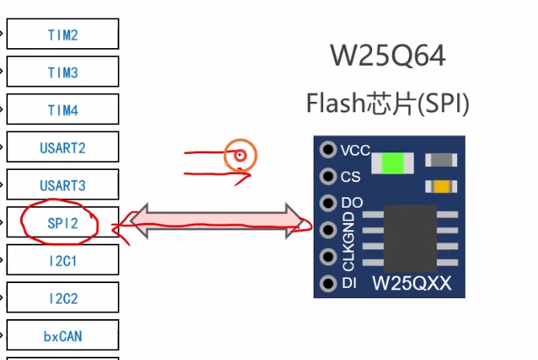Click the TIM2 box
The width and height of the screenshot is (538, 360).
pyautogui.click(x=63, y=35)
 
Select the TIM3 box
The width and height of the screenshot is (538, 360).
pyautogui.click(x=63, y=73)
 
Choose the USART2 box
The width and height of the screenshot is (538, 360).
pyautogui.click(x=63, y=148)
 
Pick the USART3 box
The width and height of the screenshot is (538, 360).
pyautogui.click(x=63, y=185)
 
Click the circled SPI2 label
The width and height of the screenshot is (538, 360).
pyautogui.click(x=62, y=223)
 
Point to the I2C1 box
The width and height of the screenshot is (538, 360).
pyautogui.click(x=63, y=261)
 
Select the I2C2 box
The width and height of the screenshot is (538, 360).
pyautogui.click(x=63, y=298)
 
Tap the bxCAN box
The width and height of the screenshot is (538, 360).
pyautogui.click(x=63, y=336)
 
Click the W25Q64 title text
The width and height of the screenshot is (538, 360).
pyautogui.click(x=387, y=56)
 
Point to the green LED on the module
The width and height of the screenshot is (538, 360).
pyautogui.click(x=393, y=163)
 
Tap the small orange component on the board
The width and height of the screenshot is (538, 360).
pyautogui.click(x=440, y=187)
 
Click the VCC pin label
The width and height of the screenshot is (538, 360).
pyautogui.click(x=355, y=150)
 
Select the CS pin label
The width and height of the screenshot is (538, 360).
pyautogui.click(x=350, y=176)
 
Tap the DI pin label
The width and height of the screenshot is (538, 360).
pyautogui.click(x=349, y=283)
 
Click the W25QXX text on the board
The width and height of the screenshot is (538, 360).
pyautogui.click(x=412, y=283)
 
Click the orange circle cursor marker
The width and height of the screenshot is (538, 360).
pyautogui.click(x=240, y=156)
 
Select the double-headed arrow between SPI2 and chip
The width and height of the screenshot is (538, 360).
pyautogui.click(x=216, y=218)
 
